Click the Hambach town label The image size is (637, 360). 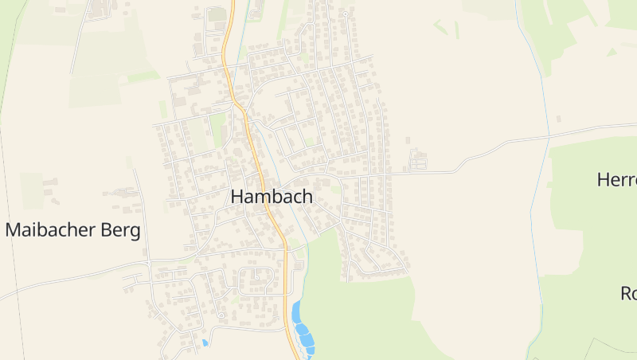pyautogui.click(x=272, y=197)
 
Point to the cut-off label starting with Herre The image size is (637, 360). pyautogui.click(x=617, y=180)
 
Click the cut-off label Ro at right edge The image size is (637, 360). pyautogui.click(x=628, y=293)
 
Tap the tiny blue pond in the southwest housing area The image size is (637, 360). pyautogui.click(x=205, y=342)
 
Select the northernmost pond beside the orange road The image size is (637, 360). pyautogui.click(x=297, y=311)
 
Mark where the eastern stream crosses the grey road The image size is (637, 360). pyautogui.click(x=549, y=138)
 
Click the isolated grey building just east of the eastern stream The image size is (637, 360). pyautogui.click(x=558, y=119)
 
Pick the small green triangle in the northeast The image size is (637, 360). pyautogui.click(x=612, y=52)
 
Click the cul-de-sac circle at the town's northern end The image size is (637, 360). pyautogui.click(x=344, y=14)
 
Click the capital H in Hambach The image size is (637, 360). pyautogui.click(x=237, y=197)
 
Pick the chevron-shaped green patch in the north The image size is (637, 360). pyautogui.click(x=440, y=27)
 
